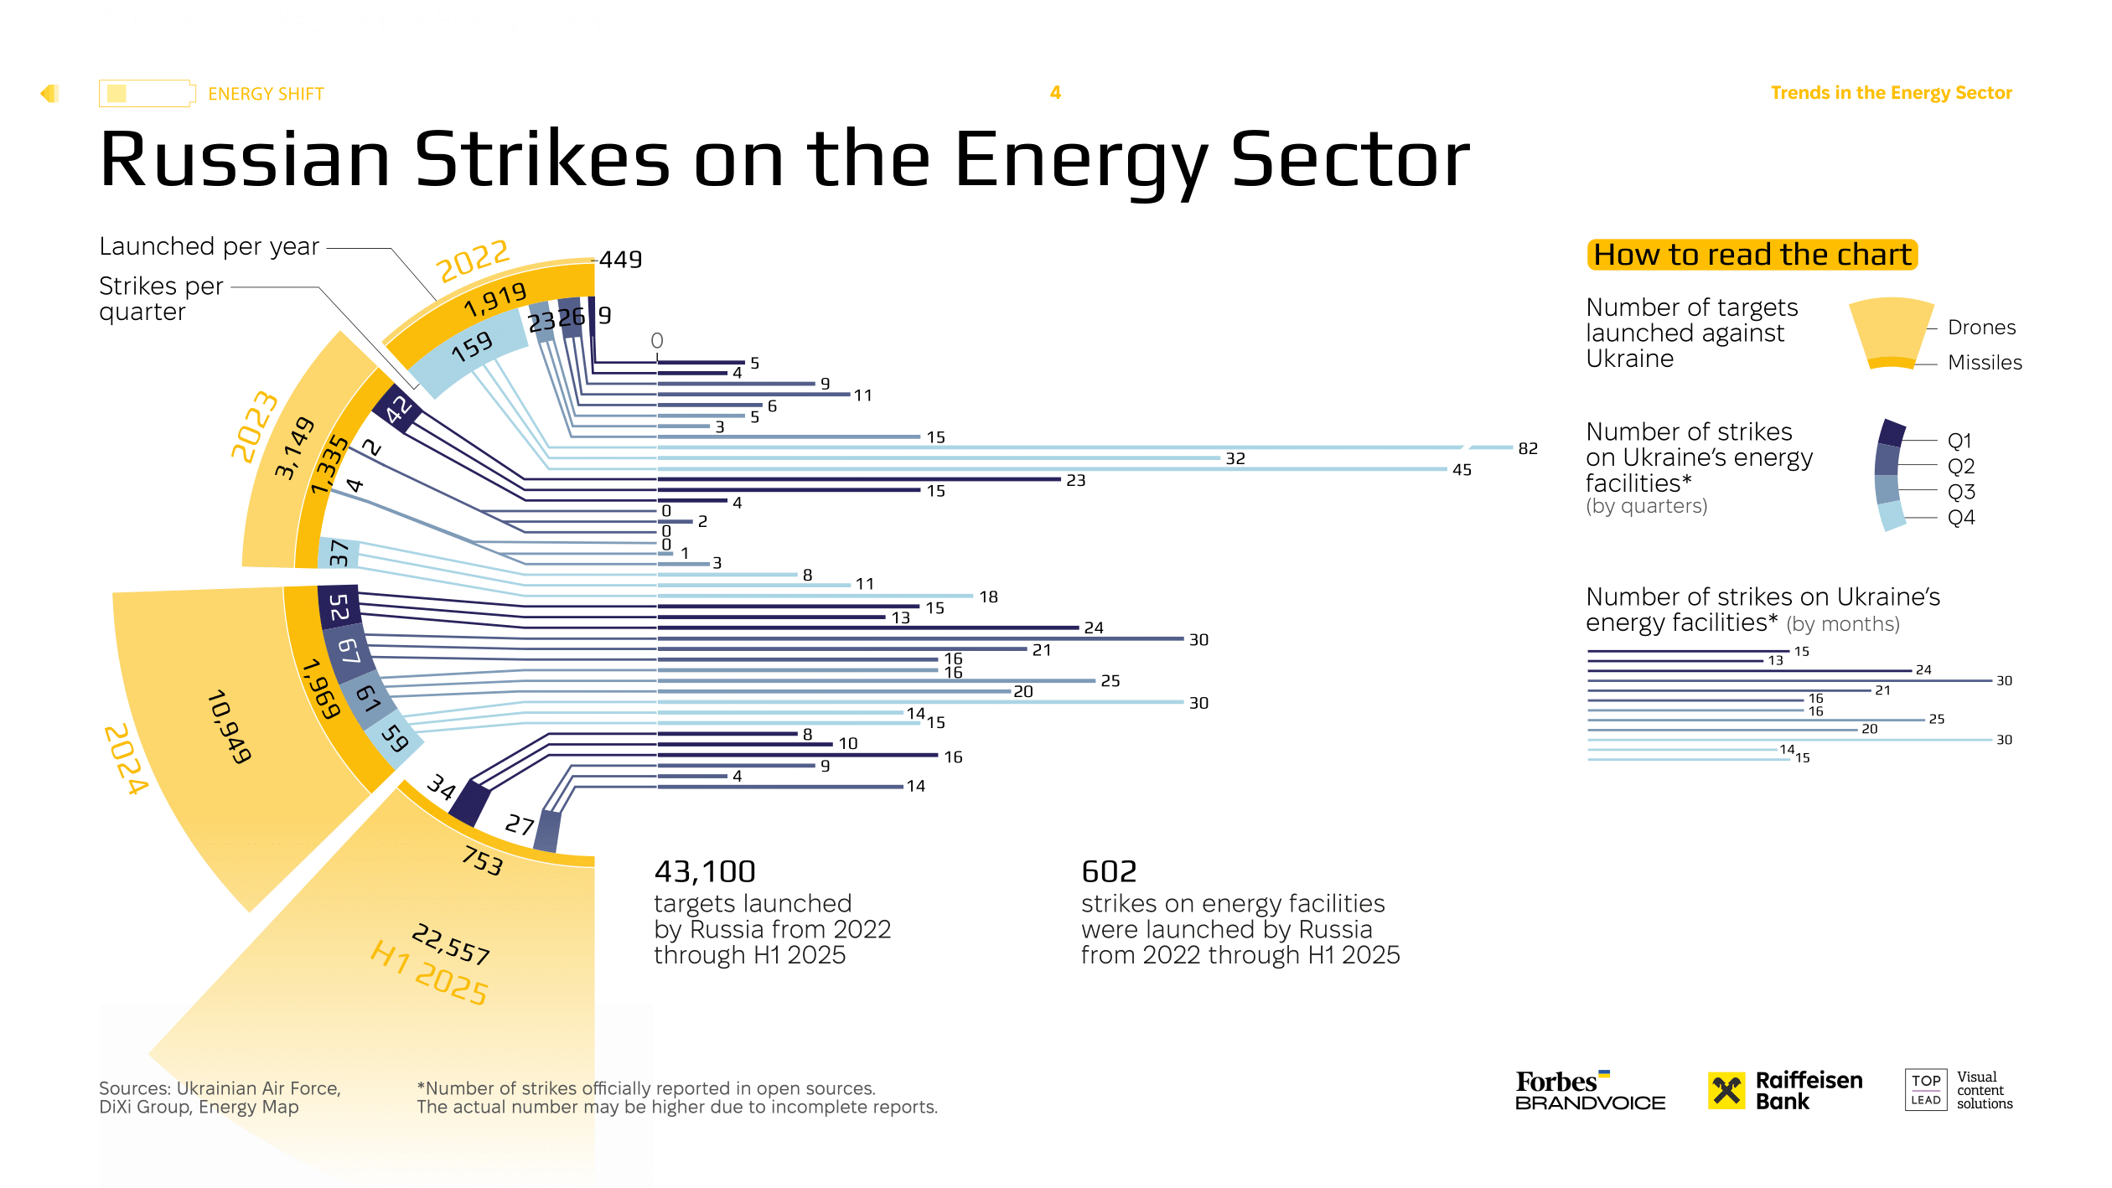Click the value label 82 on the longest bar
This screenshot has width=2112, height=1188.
point(1527,448)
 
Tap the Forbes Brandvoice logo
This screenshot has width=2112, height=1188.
point(1589,1091)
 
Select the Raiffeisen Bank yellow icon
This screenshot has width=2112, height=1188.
point(1726,1090)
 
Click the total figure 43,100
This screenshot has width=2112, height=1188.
point(705,872)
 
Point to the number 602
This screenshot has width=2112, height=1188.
point(1108,872)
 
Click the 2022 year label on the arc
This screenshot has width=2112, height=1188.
point(473,261)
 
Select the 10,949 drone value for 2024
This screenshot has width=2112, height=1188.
point(229,726)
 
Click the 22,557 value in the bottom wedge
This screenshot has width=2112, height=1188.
point(451,943)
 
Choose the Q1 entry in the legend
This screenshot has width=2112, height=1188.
point(1959,441)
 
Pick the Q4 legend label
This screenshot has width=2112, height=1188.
point(1960,517)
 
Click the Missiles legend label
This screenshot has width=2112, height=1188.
point(1984,363)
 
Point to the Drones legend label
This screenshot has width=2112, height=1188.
point(1980,328)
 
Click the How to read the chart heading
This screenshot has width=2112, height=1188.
point(1752,255)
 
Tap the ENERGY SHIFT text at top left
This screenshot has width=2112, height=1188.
point(266,94)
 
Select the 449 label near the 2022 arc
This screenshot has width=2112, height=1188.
point(620,260)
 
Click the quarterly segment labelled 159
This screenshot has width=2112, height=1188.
point(471,347)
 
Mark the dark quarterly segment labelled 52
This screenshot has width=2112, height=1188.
point(339,607)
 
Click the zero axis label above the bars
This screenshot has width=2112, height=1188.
point(656,341)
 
